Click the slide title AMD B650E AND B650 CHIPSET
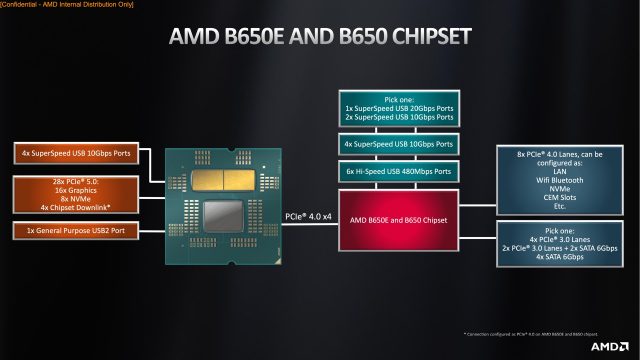pos(320,38)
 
